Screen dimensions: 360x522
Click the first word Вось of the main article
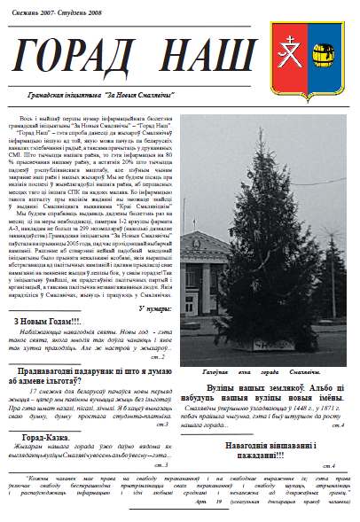tap(41, 118)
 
